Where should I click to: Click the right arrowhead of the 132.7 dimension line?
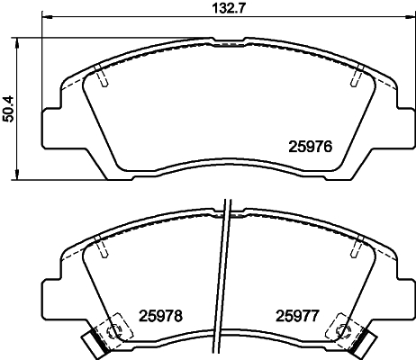tap(402, 18)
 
